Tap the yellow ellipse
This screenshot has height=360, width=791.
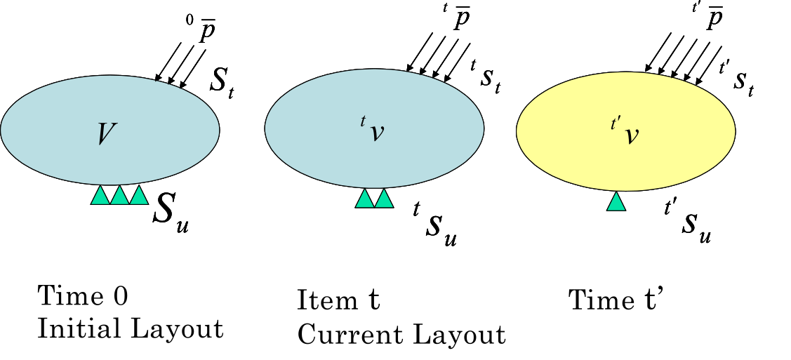point(625,132)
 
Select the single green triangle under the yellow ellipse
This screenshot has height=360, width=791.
point(616,201)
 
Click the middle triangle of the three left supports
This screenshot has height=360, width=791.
point(119,195)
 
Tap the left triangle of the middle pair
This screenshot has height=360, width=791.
point(364,198)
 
